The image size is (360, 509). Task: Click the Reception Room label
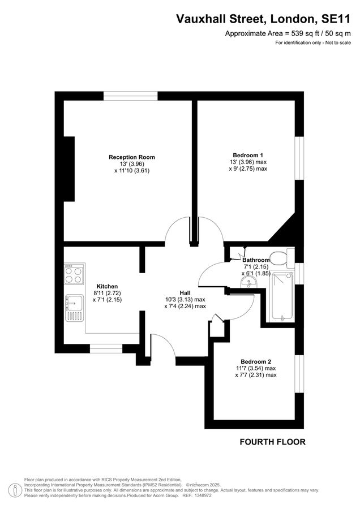(x=132, y=157)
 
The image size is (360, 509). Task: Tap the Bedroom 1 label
(x=248, y=154)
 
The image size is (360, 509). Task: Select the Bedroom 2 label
(x=256, y=361)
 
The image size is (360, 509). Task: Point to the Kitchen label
(x=107, y=286)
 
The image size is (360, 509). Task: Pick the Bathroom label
(x=256, y=260)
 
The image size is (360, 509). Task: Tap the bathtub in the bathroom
(x=281, y=296)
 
